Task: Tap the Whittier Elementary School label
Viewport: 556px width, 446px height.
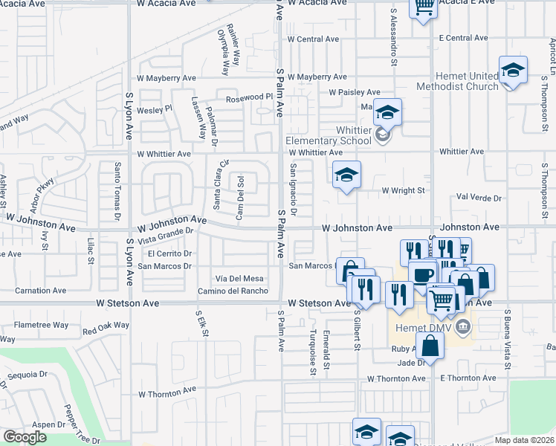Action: coord(333,135)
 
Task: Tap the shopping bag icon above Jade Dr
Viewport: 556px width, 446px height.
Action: coord(430,345)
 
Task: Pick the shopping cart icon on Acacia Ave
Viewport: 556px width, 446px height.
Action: coord(423,7)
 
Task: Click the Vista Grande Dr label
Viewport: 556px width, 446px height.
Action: coord(166,235)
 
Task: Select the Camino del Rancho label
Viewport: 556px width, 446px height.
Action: coord(232,291)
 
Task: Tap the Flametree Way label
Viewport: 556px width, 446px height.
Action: coord(42,325)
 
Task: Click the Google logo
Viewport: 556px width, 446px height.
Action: coord(25,437)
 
